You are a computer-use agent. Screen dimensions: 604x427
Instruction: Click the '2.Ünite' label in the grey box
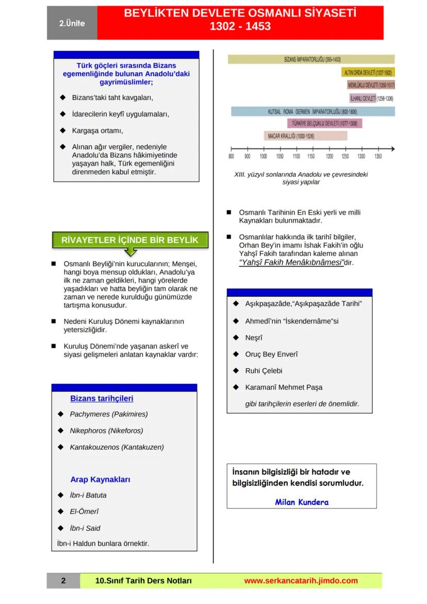pyautogui.click(x=72, y=24)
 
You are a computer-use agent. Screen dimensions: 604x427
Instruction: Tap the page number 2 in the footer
pyautogui.click(x=63, y=581)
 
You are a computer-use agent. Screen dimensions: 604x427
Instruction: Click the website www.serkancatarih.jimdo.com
pyautogui.click(x=301, y=581)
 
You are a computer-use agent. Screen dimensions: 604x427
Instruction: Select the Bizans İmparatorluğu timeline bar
pyautogui.click(x=311, y=59)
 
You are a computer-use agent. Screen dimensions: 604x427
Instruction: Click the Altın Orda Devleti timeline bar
pyautogui.click(x=368, y=73)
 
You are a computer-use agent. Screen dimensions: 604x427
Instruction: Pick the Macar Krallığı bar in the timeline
pyautogui.click(x=305, y=136)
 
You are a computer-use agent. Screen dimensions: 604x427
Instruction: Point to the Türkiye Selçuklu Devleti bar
pyautogui.click(x=324, y=123)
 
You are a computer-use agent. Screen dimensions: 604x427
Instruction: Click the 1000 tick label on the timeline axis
pyautogui.click(x=264, y=156)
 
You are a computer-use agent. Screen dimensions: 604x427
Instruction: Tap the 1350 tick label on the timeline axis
pyautogui.click(x=378, y=156)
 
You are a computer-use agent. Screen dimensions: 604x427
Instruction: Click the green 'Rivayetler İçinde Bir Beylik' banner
pyautogui.click(x=129, y=240)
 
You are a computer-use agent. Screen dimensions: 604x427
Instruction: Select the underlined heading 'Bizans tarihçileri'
pyautogui.click(x=102, y=398)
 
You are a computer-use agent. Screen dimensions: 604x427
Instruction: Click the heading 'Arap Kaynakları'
pyautogui.click(x=100, y=480)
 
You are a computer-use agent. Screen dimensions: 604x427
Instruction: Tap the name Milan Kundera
pyautogui.click(x=302, y=502)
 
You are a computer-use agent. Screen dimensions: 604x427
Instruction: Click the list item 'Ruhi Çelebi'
pyautogui.click(x=264, y=371)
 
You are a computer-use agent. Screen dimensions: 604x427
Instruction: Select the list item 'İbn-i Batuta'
pyautogui.click(x=88, y=495)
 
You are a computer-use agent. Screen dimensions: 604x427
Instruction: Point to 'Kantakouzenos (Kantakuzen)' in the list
pyautogui.click(x=117, y=447)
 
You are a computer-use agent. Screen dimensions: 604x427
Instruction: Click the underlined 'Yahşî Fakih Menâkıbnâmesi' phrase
pyautogui.click(x=291, y=262)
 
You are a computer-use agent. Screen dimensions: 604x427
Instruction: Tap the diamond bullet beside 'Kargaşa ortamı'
pyautogui.click(x=62, y=130)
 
